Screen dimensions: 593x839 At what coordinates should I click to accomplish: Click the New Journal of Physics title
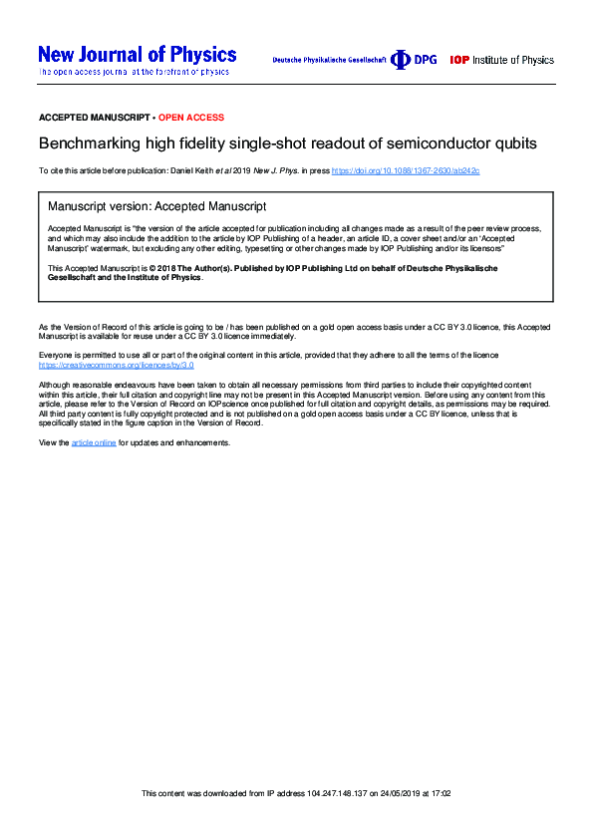pos(137,55)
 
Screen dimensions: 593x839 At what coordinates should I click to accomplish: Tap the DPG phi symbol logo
pos(400,60)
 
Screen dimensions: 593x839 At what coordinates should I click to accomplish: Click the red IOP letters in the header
pos(459,60)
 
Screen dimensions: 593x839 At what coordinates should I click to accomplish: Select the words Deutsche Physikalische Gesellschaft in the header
pos(328,61)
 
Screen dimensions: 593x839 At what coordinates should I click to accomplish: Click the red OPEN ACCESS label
pos(192,118)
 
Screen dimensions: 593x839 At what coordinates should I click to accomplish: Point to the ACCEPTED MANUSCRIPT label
pos(94,118)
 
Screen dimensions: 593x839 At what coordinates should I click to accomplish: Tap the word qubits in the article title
pos(512,143)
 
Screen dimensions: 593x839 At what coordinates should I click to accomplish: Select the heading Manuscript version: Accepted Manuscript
pos(157,206)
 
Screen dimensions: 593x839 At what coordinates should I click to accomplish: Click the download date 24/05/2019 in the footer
pos(393,793)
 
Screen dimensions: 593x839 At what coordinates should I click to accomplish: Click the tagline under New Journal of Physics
pos(134,73)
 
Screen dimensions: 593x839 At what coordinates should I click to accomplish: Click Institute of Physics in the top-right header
pos(513,60)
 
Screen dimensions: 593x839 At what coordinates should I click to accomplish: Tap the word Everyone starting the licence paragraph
pos(56,355)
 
